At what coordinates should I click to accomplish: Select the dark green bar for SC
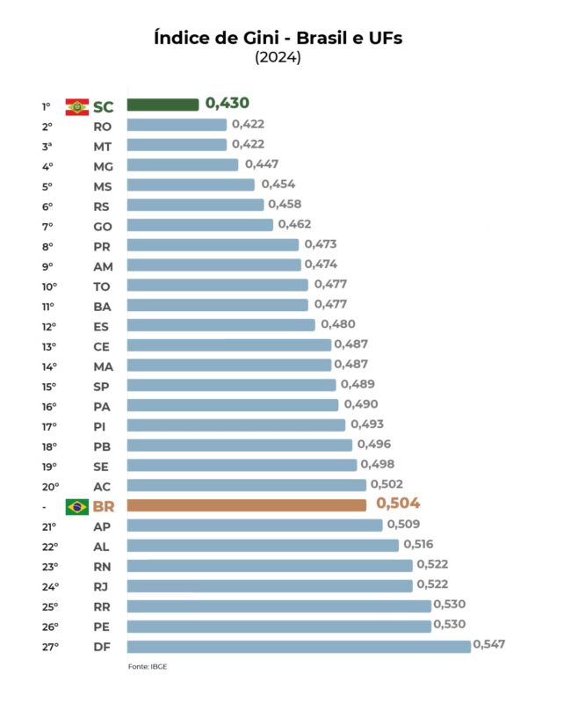pos(163,105)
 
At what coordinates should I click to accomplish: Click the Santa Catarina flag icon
pos(77,106)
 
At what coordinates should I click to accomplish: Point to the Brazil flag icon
pos(77,505)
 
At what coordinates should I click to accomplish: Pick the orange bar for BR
pos(247,505)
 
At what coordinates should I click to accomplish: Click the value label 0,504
pos(398,504)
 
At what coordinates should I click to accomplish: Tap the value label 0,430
pos(228,104)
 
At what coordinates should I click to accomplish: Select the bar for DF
pos(299,647)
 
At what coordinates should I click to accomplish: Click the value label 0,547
pos(489,645)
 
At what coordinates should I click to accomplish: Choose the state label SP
pos(101,386)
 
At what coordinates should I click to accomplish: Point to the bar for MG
pos(183,164)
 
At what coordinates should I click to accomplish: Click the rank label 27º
pos(49,647)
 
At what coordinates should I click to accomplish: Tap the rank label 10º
pos(49,286)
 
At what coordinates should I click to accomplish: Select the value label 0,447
pos(262,163)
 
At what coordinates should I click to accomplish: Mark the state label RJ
pos(101,586)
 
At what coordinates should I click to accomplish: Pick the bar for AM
pos(213,265)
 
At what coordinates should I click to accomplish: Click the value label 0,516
pos(418,545)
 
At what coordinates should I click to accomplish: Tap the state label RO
pos(102,126)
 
